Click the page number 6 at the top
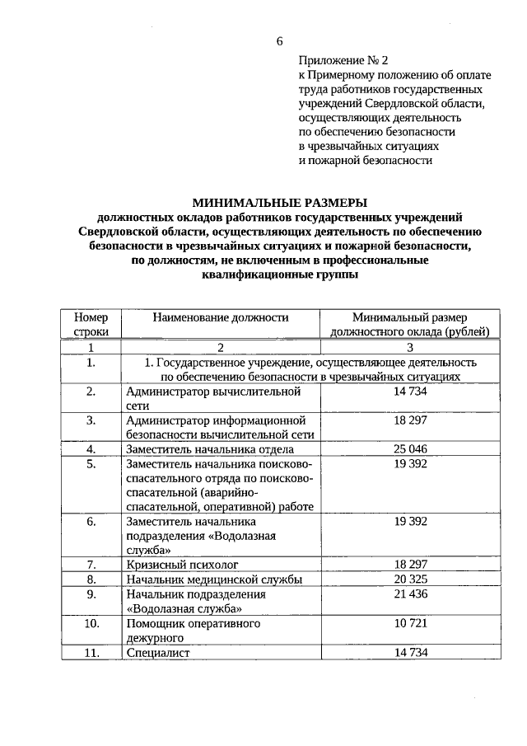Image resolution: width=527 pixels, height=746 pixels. tap(279, 40)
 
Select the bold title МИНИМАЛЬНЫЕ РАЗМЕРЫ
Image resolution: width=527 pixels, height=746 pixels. tap(279, 203)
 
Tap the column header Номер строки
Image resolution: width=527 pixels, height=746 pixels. tap(91, 324)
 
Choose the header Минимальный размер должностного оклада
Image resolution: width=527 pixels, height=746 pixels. tap(409, 324)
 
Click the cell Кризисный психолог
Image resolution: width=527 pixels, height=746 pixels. tap(182, 565)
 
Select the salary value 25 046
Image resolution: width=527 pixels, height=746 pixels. tap(410, 449)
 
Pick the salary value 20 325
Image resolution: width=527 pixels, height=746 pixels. tap(410, 579)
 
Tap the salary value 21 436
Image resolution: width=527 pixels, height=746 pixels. tap(410, 594)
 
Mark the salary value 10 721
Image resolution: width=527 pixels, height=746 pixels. tap(410, 624)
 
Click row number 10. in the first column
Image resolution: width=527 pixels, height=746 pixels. tap(91, 624)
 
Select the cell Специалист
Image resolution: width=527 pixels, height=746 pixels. tap(158, 653)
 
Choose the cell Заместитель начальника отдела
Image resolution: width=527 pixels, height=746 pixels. tap(210, 449)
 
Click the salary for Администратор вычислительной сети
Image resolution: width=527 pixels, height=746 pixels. tap(410, 391)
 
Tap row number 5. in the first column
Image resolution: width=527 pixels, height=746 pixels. tap(91, 464)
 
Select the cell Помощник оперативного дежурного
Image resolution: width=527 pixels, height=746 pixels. tap(193, 631)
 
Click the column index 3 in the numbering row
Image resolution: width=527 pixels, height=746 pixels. tap(409, 347)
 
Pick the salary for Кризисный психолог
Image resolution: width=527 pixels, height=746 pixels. tap(410, 565)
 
